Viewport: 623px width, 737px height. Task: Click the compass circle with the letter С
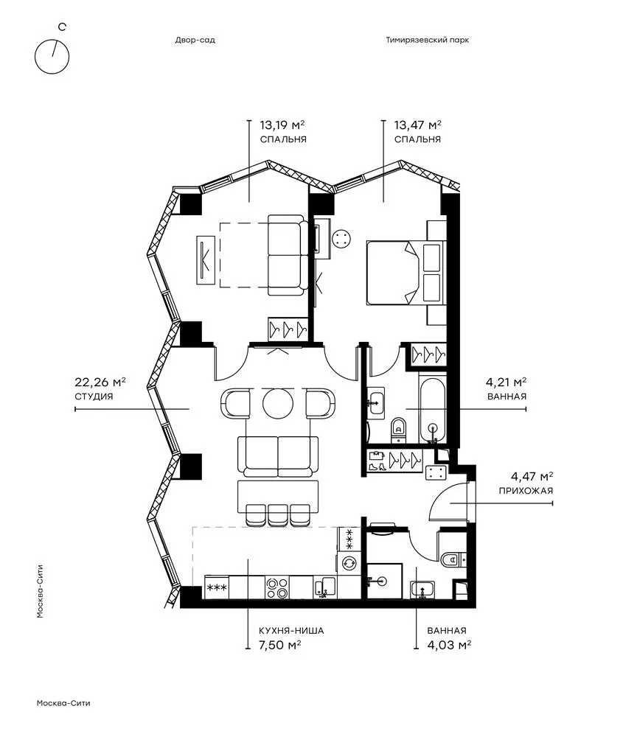tap(35, 57)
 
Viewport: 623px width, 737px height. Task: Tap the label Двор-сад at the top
tap(195, 40)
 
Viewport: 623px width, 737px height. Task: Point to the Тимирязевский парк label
tap(428, 40)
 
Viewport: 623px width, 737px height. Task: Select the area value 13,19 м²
tap(282, 125)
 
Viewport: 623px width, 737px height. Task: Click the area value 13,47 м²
tap(417, 125)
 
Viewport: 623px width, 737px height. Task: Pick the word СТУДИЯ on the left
tap(94, 397)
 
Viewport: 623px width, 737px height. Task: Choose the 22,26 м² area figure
tap(100, 382)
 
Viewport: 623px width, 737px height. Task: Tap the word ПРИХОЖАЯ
tap(526, 491)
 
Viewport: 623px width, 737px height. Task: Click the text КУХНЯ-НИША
tap(291, 631)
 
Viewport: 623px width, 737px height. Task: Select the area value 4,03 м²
tap(449, 645)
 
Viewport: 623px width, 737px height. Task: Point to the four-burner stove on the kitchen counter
tap(277, 587)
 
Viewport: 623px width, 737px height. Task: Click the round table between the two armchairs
tap(278, 403)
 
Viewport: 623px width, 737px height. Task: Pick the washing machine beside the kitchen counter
tap(349, 563)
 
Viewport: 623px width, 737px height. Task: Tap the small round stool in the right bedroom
tap(341, 239)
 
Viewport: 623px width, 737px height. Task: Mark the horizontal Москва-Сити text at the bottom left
tap(63, 703)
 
